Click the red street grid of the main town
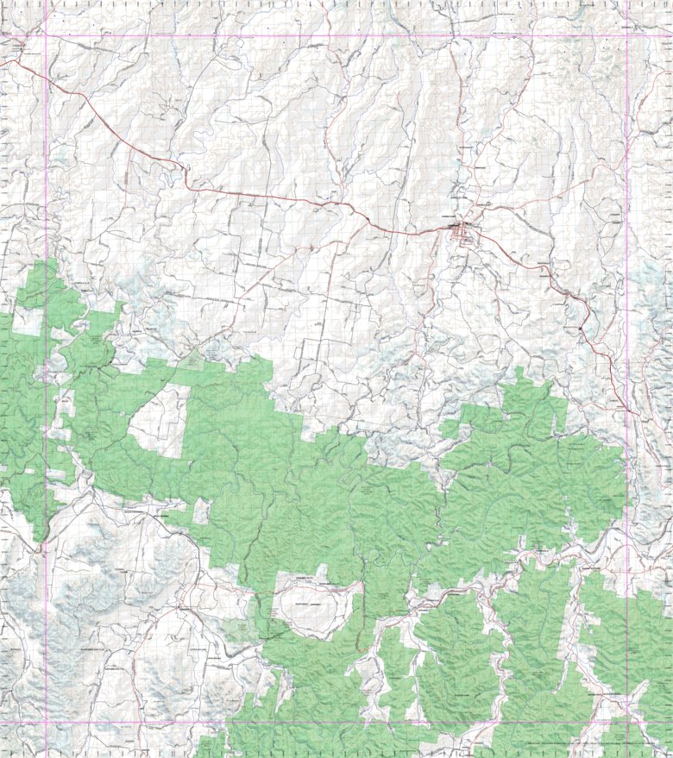463,232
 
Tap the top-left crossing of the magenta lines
46,35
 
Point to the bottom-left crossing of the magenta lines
46,722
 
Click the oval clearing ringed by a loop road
313,607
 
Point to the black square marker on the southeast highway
582,328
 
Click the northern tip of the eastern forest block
522,373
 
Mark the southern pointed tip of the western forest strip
39,542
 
